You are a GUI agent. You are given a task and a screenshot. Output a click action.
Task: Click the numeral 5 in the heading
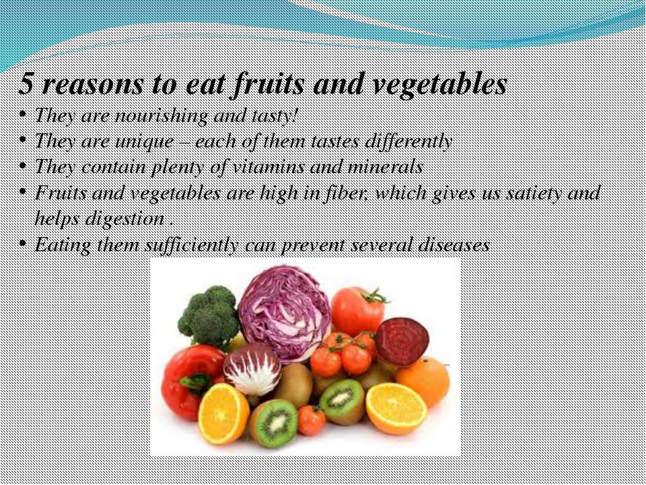[26, 84]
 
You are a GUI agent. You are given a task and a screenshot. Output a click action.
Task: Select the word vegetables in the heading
[439, 86]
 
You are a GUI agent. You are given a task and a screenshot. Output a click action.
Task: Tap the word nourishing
[161, 117]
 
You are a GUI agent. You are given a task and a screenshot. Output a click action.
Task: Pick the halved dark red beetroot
[402, 342]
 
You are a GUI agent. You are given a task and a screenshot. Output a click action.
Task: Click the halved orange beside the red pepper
[223, 414]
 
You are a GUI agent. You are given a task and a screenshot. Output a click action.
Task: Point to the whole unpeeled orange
[423, 380]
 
